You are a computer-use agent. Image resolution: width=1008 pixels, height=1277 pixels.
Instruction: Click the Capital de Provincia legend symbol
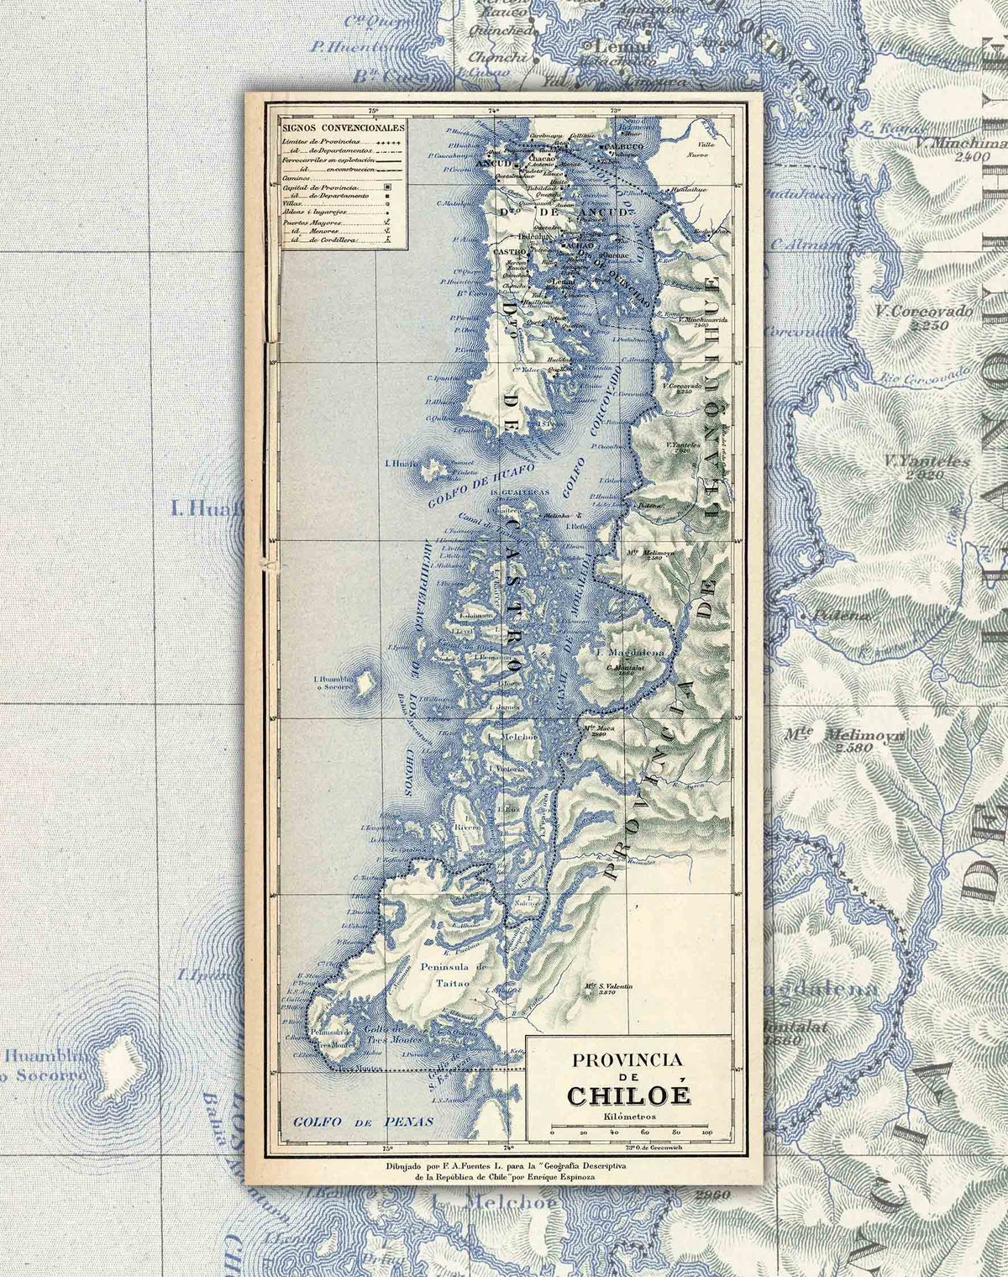tap(386, 186)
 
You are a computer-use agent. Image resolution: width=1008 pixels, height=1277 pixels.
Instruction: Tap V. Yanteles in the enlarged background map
tap(927, 461)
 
